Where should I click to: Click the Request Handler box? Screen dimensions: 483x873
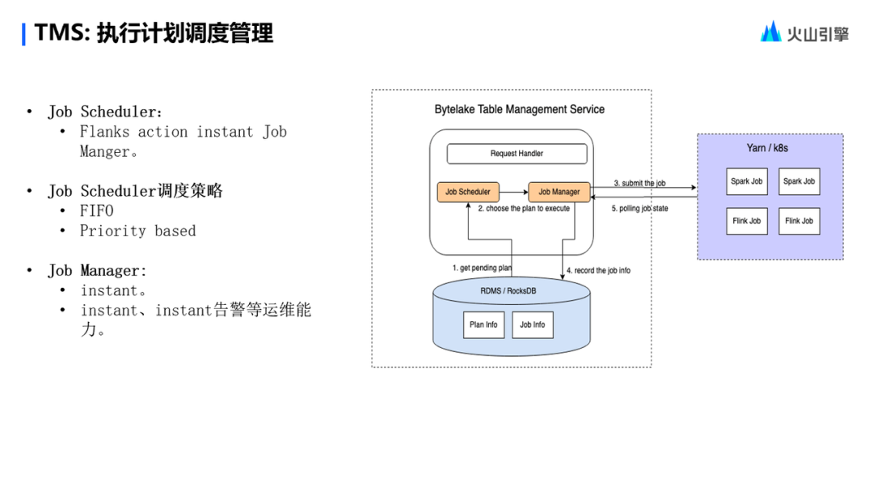click(x=517, y=154)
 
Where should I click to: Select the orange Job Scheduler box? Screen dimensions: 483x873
click(x=468, y=193)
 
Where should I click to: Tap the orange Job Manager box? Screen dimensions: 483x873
click(x=559, y=193)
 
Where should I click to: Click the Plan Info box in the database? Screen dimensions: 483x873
click(x=483, y=324)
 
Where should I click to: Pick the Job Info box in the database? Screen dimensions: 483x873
click(x=532, y=324)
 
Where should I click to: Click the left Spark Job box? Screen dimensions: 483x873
click(x=746, y=182)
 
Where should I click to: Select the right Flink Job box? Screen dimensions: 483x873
click(x=799, y=221)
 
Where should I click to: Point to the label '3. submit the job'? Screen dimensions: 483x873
click(x=639, y=184)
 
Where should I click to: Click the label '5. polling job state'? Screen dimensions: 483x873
click(x=639, y=209)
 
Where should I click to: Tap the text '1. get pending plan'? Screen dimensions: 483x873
click(x=482, y=268)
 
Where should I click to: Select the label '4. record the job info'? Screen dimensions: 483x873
click(x=598, y=270)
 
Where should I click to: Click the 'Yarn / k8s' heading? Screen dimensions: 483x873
click(x=767, y=148)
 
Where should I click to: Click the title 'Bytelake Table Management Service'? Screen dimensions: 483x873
click(x=519, y=109)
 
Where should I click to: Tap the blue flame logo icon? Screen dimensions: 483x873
click(x=770, y=32)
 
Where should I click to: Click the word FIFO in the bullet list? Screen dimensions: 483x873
click(x=96, y=211)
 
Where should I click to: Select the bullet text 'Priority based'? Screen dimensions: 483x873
click(x=137, y=231)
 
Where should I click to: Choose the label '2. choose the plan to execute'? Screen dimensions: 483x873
click(x=524, y=209)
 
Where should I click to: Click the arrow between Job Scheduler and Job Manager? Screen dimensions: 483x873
click(x=513, y=193)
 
